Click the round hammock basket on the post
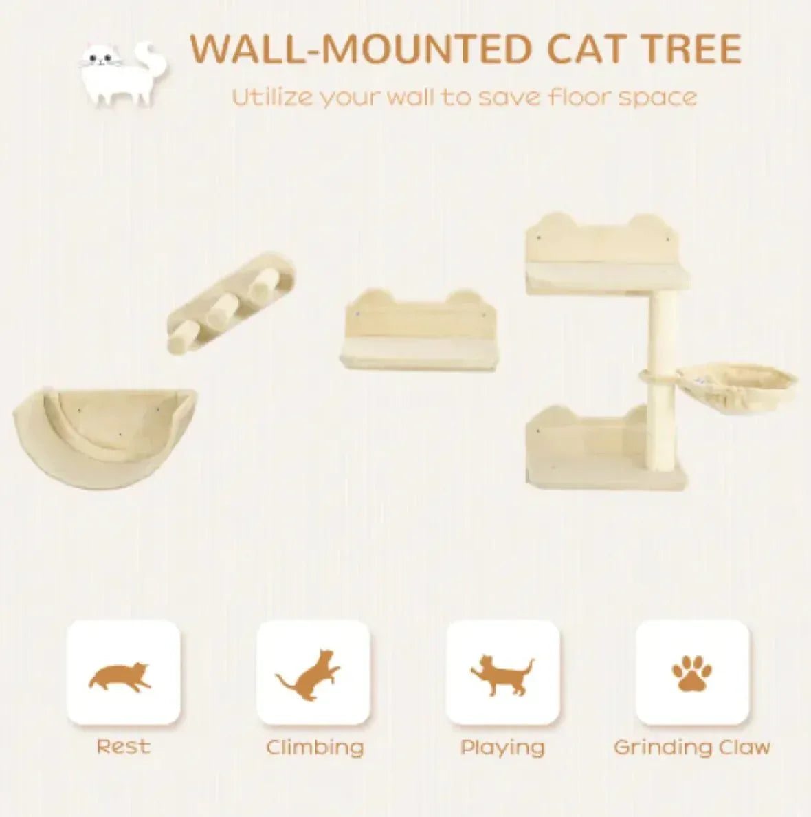coord(736,384)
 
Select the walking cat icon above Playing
coord(502,674)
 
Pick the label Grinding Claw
coord(691,748)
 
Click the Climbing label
coord(315,748)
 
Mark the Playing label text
coord(502,748)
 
